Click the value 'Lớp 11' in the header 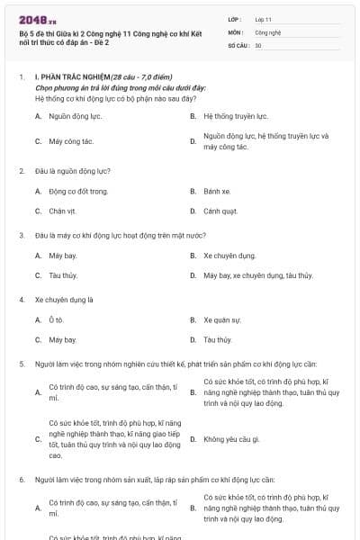tap(263, 19)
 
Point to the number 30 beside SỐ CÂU tap(258, 44)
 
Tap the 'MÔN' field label tap(236, 31)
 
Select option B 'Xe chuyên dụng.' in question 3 tap(229, 256)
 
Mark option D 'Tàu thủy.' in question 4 tap(218, 340)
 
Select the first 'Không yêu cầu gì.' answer tap(231, 439)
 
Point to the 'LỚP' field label tap(235, 19)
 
